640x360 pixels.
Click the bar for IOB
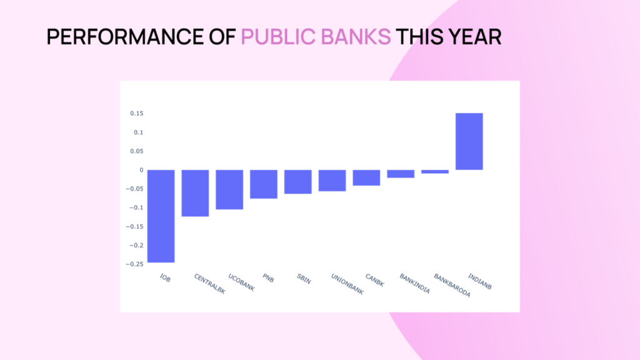pos(161,216)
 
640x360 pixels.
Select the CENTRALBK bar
pos(195,193)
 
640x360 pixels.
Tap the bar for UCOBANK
pos(229,190)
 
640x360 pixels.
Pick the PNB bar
pos(264,184)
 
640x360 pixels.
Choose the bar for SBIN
pos(298,182)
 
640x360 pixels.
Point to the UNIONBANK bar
pos(332,181)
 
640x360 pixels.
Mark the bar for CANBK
pos(366,177)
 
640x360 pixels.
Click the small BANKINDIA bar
pos(401,174)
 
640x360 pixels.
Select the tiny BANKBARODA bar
pos(435,172)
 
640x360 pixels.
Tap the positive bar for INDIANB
pos(469,141)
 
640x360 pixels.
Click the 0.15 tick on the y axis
pos(137,114)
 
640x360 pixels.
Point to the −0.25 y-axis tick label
pos(135,264)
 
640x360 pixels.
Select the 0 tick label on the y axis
pos(142,170)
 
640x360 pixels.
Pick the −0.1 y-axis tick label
pos(136,207)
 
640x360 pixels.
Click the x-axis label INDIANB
pos(479,282)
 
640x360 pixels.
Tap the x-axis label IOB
pos(165,278)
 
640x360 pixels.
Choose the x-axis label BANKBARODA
pos(452,285)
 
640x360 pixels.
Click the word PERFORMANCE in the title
pos(126,37)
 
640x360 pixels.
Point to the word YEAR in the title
pos(475,37)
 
